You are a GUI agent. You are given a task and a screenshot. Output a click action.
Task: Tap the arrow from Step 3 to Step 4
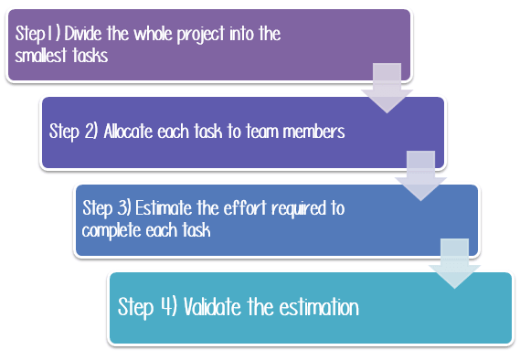(454, 262)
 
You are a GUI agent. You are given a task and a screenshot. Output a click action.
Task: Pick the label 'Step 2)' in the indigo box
(74, 132)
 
